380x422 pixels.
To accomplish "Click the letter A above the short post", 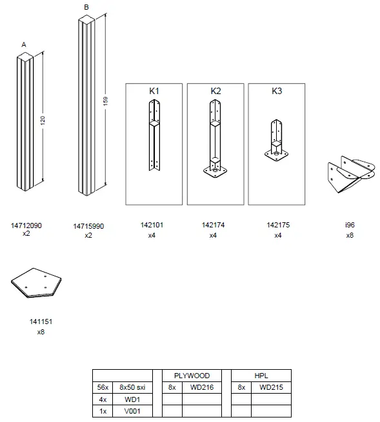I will pyautogui.click(x=24, y=44).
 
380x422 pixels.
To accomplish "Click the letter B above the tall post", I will pyautogui.click(x=86, y=7).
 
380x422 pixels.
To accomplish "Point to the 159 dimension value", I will pyautogui.click(x=105, y=102).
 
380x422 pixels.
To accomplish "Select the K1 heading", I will pyautogui.click(x=154, y=91).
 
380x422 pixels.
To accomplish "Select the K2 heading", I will pyautogui.click(x=215, y=91).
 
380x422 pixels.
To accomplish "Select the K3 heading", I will pyautogui.click(x=277, y=91).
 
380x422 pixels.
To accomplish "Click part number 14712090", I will pyautogui.click(x=26, y=226).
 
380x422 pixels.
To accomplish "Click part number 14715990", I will pyautogui.click(x=88, y=226).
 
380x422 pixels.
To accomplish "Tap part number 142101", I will pyautogui.click(x=152, y=225).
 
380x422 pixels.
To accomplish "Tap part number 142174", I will pyautogui.click(x=213, y=225).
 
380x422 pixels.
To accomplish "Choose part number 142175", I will pyautogui.click(x=277, y=225).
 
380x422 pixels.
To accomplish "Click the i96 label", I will pyautogui.click(x=350, y=225).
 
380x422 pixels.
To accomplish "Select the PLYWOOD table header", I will pyautogui.click(x=192, y=375).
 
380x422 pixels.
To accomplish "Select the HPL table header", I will pyautogui.click(x=261, y=375).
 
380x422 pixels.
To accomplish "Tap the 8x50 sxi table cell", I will pyautogui.click(x=132, y=387).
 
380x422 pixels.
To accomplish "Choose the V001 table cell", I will pyautogui.click(x=132, y=410).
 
